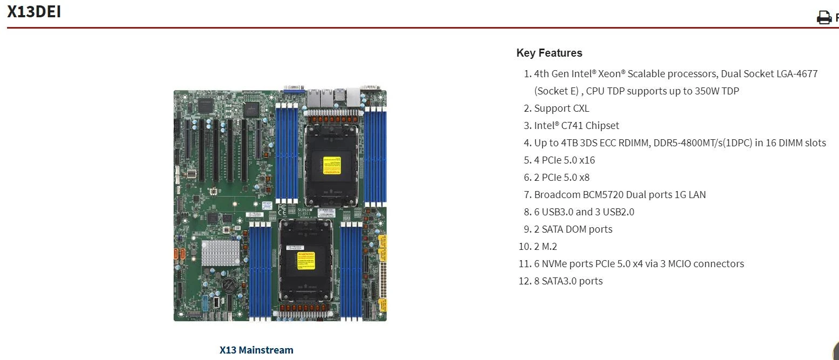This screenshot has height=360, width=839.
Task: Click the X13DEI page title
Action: click(34, 11)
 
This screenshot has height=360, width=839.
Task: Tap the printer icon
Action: click(824, 17)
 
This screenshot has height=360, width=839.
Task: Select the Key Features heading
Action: click(549, 53)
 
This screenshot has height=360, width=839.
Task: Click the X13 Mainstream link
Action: click(256, 350)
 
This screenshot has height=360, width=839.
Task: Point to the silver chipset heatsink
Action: click(221, 253)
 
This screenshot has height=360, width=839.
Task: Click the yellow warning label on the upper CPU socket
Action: click(331, 165)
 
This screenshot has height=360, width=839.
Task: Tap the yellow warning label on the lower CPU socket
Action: click(306, 260)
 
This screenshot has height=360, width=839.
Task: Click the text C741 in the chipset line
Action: click(574, 126)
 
